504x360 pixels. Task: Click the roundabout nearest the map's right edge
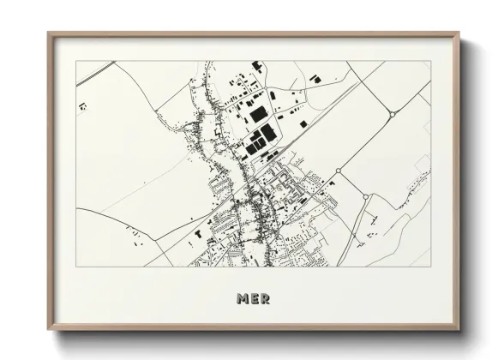(x=392, y=114)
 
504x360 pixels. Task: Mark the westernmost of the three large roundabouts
(x=338, y=171)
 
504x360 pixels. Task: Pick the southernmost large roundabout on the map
(x=365, y=197)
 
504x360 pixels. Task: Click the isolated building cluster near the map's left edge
(x=82, y=106)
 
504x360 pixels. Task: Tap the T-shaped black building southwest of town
(x=199, y=231)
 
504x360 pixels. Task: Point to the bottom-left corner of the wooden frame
(x=49, y=330)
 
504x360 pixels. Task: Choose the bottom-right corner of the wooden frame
(x=459, y=330)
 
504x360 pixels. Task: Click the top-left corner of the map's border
(x=76, y=61)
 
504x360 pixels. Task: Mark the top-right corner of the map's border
(x=430, y=61)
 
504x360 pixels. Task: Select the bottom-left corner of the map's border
(x=76, y=267)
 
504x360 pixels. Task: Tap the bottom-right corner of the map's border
(x=430, y=267)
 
